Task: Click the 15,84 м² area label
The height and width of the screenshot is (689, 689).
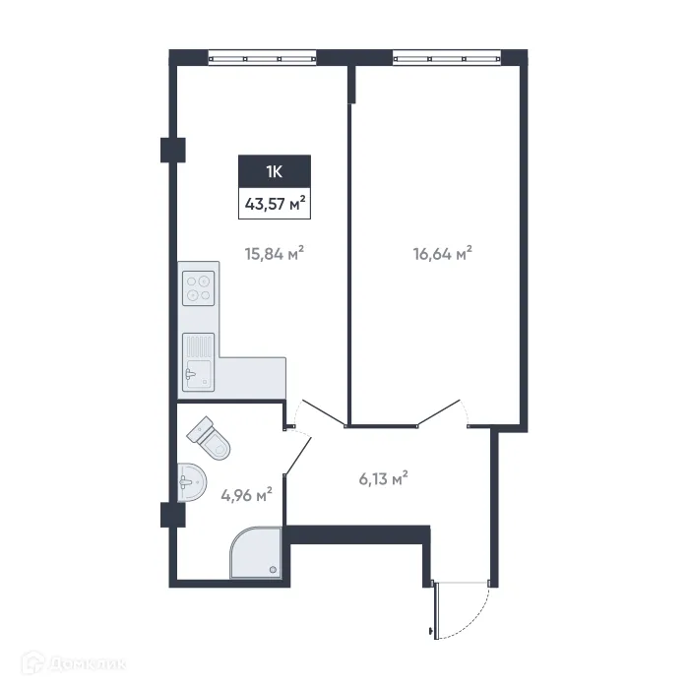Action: pos(274,253)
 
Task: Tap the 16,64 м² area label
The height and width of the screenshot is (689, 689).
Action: pos(443,253)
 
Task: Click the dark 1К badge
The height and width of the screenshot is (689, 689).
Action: pos(275,171)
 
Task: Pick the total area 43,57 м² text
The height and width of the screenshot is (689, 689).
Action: pos(275,206)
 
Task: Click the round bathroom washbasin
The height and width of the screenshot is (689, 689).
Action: pos(193,481)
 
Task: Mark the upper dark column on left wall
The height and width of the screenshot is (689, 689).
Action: pos(173,149)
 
